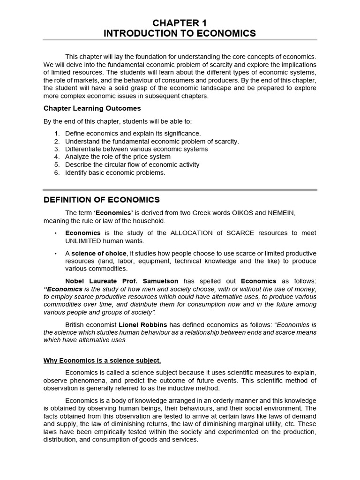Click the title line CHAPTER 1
pyautogui.click(x=180, y=22)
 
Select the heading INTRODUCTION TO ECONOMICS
pyautogui.click(x=180, y=33)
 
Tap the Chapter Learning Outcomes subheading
pyautogui.click(x=92, y=108)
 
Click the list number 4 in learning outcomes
pyautogui.click(x=57, y=157)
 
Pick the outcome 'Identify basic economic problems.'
pyautogui.click(x=115, y=172)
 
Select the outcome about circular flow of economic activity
pyautogui.click(x=132, y=165)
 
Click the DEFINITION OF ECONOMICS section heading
pyautogui.click(x=102, y=200)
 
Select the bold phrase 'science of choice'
pyautogui.click(x=99, y=253)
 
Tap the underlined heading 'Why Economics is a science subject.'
pyautogui.click(x=102, y=360)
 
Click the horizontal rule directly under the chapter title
pyautogui.click(x=180, y=40)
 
